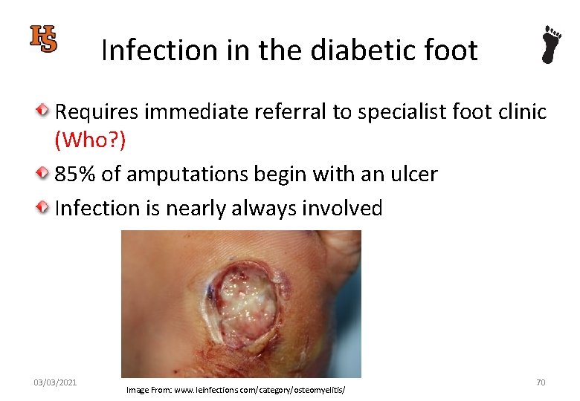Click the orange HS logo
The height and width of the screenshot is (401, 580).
click(x=44, y=39)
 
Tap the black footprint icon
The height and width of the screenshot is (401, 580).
click(x=551, y=45)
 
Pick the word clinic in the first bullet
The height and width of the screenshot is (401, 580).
click(x=520, y=112)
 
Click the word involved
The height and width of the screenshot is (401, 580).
click(x=341, y=208)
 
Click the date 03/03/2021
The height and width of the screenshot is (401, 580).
click(x=55, y=382)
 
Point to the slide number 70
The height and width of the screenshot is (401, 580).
click(x=541, y=382)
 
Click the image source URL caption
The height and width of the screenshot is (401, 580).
click(x=236, y=390)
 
